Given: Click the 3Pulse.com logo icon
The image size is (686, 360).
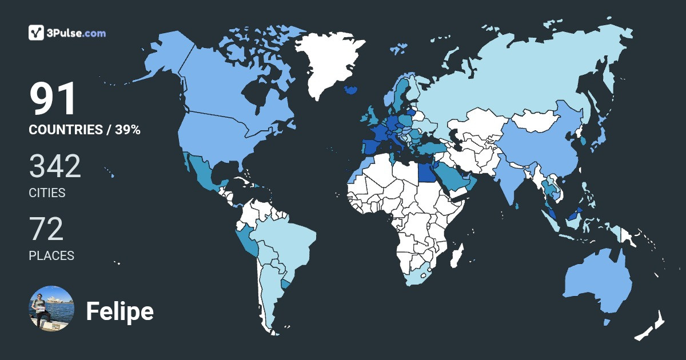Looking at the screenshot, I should pos(37,33).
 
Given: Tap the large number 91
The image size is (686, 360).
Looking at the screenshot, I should pos(53,99).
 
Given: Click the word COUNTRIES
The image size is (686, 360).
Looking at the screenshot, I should pos(65,130).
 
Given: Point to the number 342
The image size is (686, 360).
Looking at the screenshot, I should pos(55,167).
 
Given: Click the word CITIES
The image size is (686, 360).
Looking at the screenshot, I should pos(47,193).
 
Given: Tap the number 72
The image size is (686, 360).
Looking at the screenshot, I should pos(46,230).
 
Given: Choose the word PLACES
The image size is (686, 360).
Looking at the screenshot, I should pos(51,255).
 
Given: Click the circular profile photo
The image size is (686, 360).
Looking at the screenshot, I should pos(51,309).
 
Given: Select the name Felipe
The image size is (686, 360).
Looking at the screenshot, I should pos(119,311).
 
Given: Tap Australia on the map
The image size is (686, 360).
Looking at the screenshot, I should pos(595,283).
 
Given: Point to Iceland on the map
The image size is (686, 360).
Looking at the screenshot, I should pos(352,90).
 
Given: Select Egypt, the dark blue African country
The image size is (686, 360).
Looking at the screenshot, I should pos(426,171).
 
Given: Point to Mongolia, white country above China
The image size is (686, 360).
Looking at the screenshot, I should pos(535,120).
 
